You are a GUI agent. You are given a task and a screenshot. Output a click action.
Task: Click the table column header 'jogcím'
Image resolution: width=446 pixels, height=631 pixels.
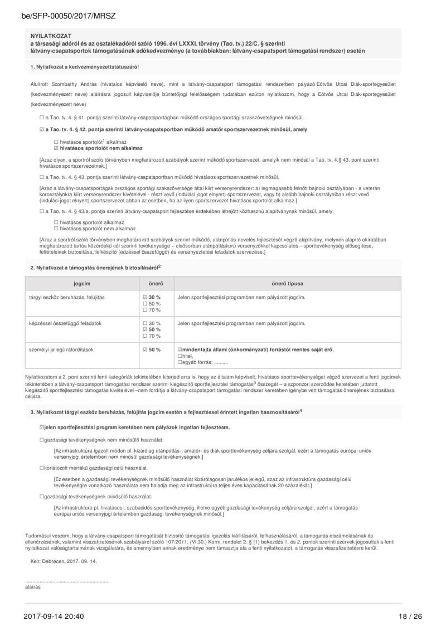click(x=82, y=284)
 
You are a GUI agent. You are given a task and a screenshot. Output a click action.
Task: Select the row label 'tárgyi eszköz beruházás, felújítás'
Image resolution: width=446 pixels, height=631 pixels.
click(x=66, y=297)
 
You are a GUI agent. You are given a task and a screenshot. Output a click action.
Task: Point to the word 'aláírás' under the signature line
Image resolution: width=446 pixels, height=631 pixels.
click(x=33, y=587)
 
